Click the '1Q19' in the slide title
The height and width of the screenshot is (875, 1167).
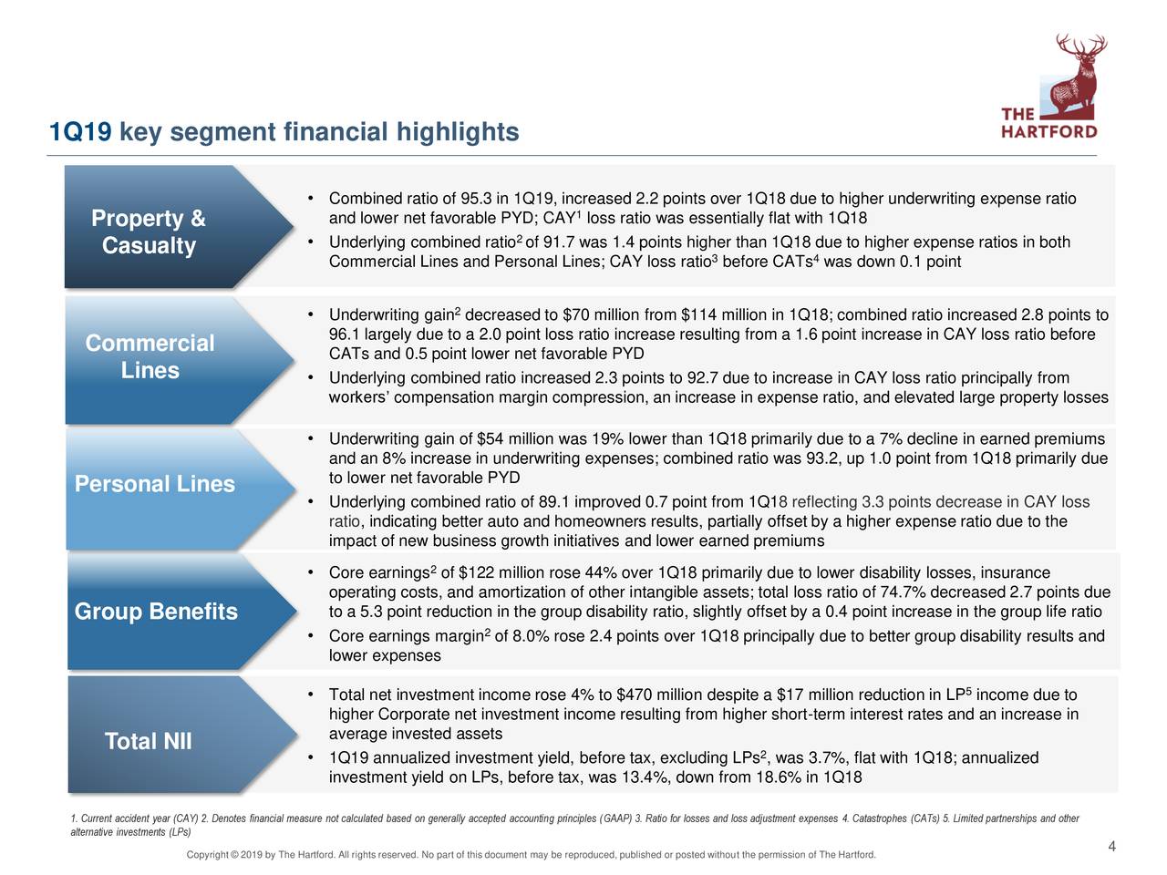(x=80, y=133)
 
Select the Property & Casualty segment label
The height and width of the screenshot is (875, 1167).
(x=149, y=232)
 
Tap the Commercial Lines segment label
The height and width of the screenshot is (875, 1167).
(x=150, y=356)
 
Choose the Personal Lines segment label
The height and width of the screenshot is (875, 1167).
(x=154, y=484)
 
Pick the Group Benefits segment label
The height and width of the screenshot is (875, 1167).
(x=155, y=611)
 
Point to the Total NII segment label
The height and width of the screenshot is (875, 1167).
(x=148, y=741)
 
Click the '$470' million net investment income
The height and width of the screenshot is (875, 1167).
(x=634, y=695)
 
